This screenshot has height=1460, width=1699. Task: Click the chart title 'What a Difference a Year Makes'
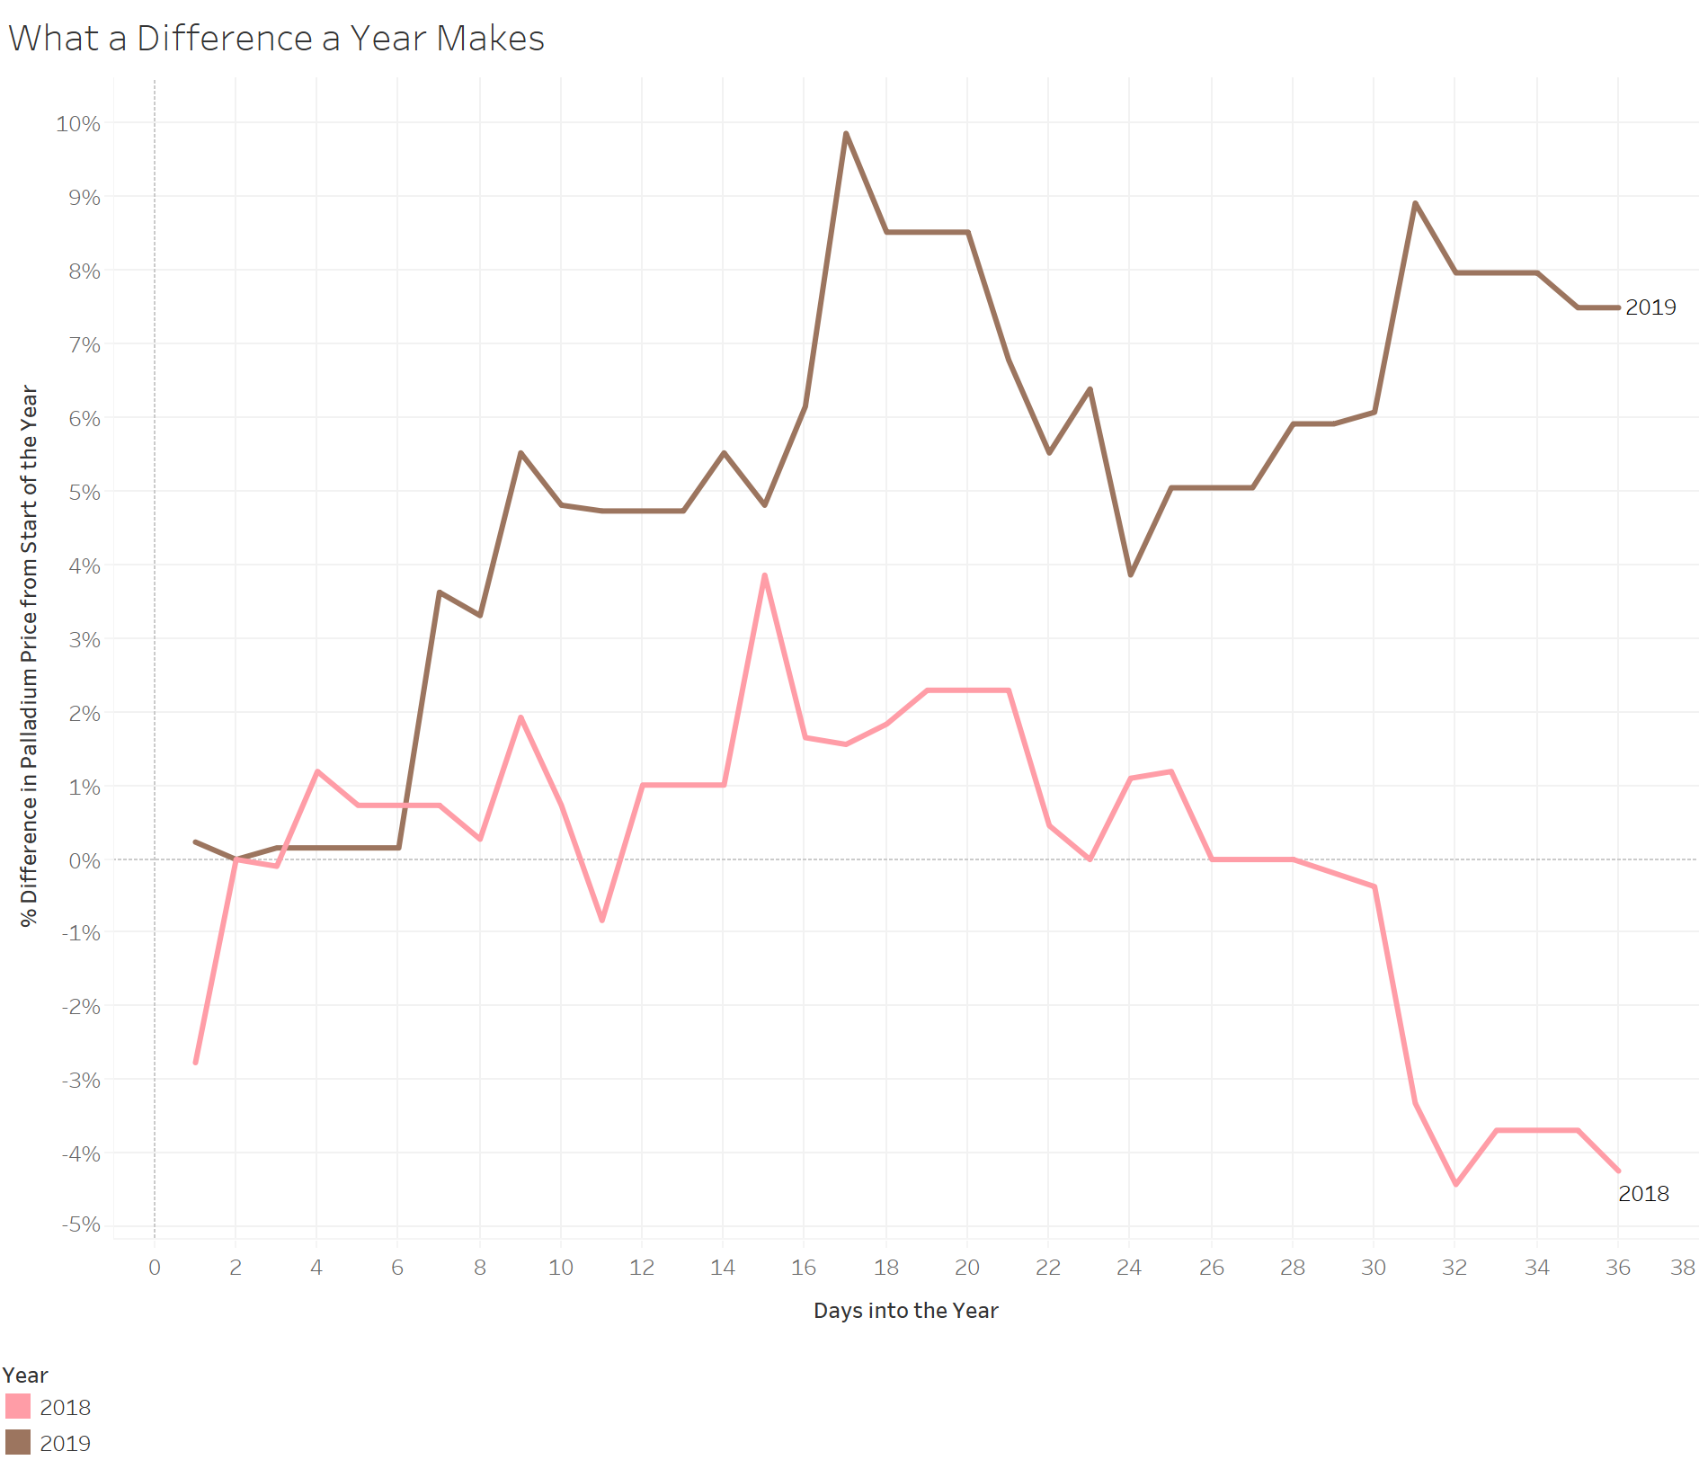[276, 39]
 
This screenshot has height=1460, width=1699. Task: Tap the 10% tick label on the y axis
[78, 123]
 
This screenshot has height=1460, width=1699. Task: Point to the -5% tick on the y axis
[81, 1224]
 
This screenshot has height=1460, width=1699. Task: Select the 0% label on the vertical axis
[85, 860]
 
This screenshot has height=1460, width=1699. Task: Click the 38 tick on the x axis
[1682, 1268]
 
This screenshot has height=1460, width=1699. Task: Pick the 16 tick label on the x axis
[804, 1268]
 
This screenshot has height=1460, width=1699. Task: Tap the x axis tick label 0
[155, 1268]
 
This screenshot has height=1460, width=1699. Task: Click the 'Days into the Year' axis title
[905, 1311]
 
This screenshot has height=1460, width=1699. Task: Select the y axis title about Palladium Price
[29, 656]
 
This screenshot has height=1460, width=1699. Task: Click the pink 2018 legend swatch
[18, 1406]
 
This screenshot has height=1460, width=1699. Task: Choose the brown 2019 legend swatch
[18, 1442]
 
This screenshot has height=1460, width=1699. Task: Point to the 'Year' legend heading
[25, 1375]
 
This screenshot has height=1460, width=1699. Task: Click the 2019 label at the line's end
[1650, 307]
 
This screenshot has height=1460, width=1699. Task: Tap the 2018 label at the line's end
[1643, 1194]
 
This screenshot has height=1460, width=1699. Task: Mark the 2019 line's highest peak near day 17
[846, 134]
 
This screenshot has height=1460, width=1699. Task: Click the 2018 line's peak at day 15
[764, 575]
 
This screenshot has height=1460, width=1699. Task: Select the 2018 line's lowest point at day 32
[1455, 1184]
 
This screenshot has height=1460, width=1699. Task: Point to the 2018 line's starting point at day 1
[195, 1062]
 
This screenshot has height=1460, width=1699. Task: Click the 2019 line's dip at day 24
[1130, 574]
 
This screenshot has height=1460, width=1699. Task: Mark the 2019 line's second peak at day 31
[1415, 203]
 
